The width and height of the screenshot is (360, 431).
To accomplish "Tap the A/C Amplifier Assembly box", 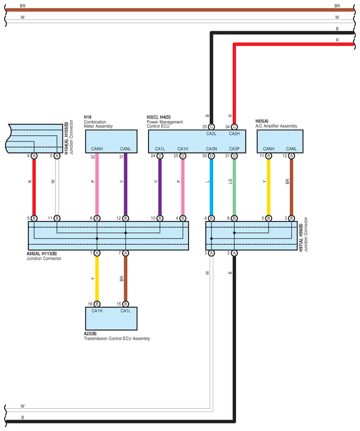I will coord(280,141).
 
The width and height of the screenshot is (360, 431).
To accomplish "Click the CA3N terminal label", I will coord(211,149).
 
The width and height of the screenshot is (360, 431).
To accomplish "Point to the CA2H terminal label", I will coord(234,133).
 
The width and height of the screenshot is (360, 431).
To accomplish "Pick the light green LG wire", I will coord(234,185).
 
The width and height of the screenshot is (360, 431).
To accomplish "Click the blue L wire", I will coord(211,185).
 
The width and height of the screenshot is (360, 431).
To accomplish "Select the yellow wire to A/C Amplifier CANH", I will coord(268,185).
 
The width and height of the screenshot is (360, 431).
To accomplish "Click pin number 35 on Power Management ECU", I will coord(204,127).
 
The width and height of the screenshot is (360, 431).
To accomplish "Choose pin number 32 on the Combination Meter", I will coord(93,156).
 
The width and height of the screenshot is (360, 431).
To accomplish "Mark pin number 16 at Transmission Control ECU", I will coord(90,304).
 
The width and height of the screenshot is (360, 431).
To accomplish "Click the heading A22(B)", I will coord(90,334).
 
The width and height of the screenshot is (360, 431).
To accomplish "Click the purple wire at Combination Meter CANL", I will coord(126,185).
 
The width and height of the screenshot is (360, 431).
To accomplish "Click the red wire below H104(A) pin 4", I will coord(34,185).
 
